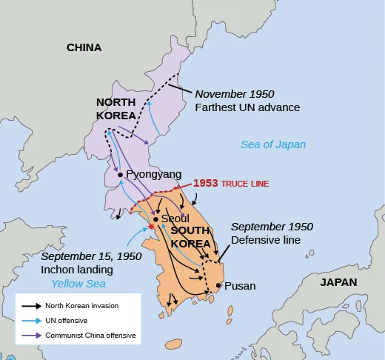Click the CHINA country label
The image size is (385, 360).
(84, 47)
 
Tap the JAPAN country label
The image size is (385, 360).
(338, 282)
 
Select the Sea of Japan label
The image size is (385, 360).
(272, 144)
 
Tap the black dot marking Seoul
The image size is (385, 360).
(155, 219)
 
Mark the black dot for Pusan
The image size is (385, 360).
(218, 285)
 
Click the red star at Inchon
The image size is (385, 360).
(151, 227)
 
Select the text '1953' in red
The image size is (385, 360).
(205, 183)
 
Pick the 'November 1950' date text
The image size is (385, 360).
(234, 94)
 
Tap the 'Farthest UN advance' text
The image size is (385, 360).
(247, 107)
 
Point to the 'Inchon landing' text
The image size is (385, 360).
(76, 270)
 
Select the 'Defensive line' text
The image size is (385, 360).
(265, 240)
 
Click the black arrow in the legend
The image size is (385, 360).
(31, 305)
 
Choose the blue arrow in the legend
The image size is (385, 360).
(31, 320)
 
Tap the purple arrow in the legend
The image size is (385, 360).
(31, 335)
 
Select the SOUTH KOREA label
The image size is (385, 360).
(190, 236)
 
